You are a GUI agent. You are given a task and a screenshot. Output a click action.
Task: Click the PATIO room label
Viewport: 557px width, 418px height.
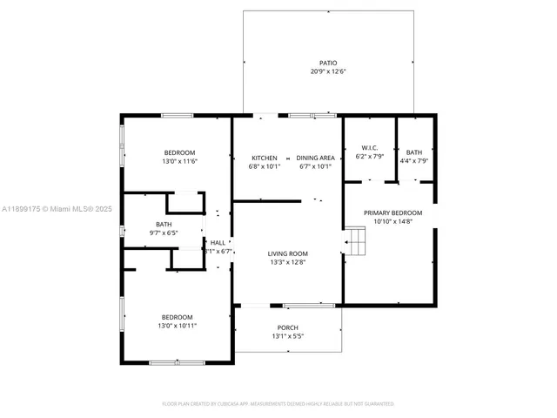pyautogui.click(x=327, y=63)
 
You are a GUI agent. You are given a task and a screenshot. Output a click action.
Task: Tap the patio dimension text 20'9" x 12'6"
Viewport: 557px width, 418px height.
pyautogui.click(x=327, y=71)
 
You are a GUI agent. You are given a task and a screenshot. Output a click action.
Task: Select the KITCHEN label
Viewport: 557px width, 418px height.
pyautogui.click(x=264, y=158)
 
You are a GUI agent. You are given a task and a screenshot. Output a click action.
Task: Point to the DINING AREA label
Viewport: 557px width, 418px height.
pyautogui.click(x=314, y=158)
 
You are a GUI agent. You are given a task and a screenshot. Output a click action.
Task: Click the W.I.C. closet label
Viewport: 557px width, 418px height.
pyautogui.click(x=369, y=149)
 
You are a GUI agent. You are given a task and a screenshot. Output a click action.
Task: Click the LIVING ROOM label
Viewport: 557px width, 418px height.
pyautogui.click(x=287, y=254)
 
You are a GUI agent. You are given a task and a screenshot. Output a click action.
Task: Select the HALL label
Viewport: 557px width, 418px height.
pyautogui.click(x=217, y=243)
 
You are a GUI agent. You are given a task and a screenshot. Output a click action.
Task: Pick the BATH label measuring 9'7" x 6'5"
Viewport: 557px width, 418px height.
pyautogui.click(x=164, y=225)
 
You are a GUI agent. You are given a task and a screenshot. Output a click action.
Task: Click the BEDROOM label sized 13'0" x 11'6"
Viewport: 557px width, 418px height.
pyautogui.click(x=179, y=152)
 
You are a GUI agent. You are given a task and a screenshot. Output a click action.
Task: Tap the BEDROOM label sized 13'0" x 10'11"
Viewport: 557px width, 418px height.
pyautogui.click(x=177, y=317)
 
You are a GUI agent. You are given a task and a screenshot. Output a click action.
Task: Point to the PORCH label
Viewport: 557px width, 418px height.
pyautogui.click(x=287, y=327)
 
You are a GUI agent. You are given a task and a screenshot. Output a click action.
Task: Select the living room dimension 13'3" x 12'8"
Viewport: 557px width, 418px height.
pyautogui.click(x=287, y=263)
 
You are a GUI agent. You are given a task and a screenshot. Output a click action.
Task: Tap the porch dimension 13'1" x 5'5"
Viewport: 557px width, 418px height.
pyautogui.click(x=287, y=336)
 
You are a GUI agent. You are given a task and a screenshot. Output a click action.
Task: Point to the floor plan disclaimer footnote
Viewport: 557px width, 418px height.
pyautogui.click(x=278, y=403)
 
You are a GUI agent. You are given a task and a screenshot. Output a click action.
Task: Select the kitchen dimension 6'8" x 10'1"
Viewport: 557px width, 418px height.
pyautogui.click(x=264, y=166)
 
